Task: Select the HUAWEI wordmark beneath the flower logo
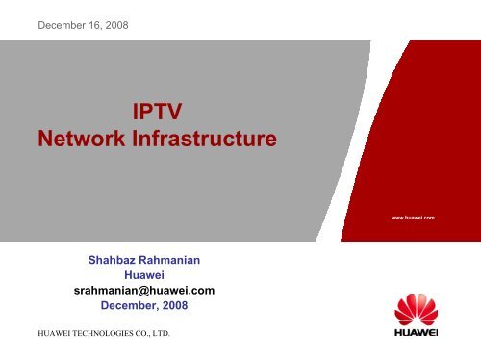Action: [415, 338]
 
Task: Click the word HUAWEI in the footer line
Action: [41, 335]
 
